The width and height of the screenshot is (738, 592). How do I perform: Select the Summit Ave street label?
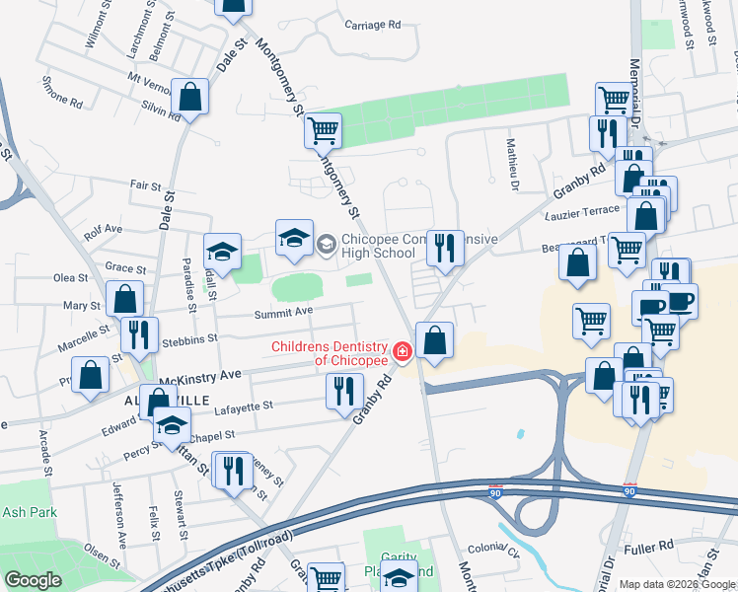[284, 313]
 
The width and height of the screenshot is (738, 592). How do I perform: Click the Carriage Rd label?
[373, 24]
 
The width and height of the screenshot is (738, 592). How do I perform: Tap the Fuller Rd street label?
[652, 544]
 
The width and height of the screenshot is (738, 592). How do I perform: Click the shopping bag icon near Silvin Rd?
[190, 98]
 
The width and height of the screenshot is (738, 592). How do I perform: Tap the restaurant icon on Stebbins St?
[139, 335]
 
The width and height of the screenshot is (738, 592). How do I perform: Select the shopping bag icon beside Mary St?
[125, 300]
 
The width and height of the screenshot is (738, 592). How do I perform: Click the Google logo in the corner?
[33, 580]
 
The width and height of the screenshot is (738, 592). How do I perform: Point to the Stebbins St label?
[191, 339]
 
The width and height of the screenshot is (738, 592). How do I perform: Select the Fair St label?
[145, 185]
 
